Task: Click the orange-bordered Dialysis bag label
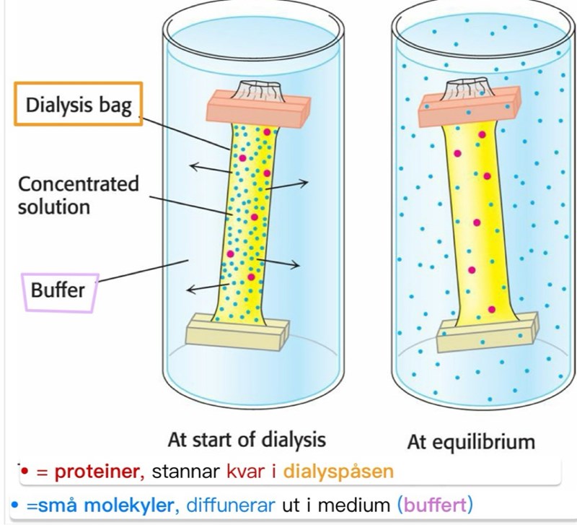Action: coord(79,106)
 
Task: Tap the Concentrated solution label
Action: coord(78,195)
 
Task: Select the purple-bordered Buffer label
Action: coord(58,290)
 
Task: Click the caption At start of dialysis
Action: coord(247,439)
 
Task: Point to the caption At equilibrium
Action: coord(471,441)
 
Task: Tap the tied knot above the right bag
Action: coord(466,90)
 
